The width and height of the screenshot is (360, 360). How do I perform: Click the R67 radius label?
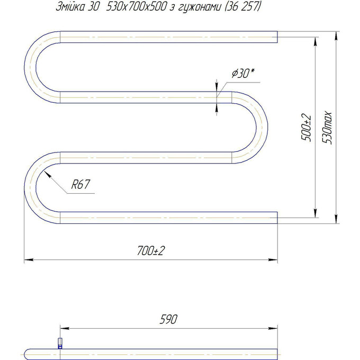pos(80,184)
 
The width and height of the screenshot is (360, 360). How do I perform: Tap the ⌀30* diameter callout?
pos(243,73)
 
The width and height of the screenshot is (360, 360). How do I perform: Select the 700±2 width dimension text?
pos(151,250)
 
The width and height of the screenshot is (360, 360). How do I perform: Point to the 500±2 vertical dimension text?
pos(307,128)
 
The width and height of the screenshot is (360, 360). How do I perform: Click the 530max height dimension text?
pos(327,128)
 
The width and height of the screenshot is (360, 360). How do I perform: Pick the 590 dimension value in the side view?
pos(168,319)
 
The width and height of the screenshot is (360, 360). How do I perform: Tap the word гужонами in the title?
pos(199,7)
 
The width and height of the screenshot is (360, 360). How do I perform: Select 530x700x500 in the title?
pos(137,7)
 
